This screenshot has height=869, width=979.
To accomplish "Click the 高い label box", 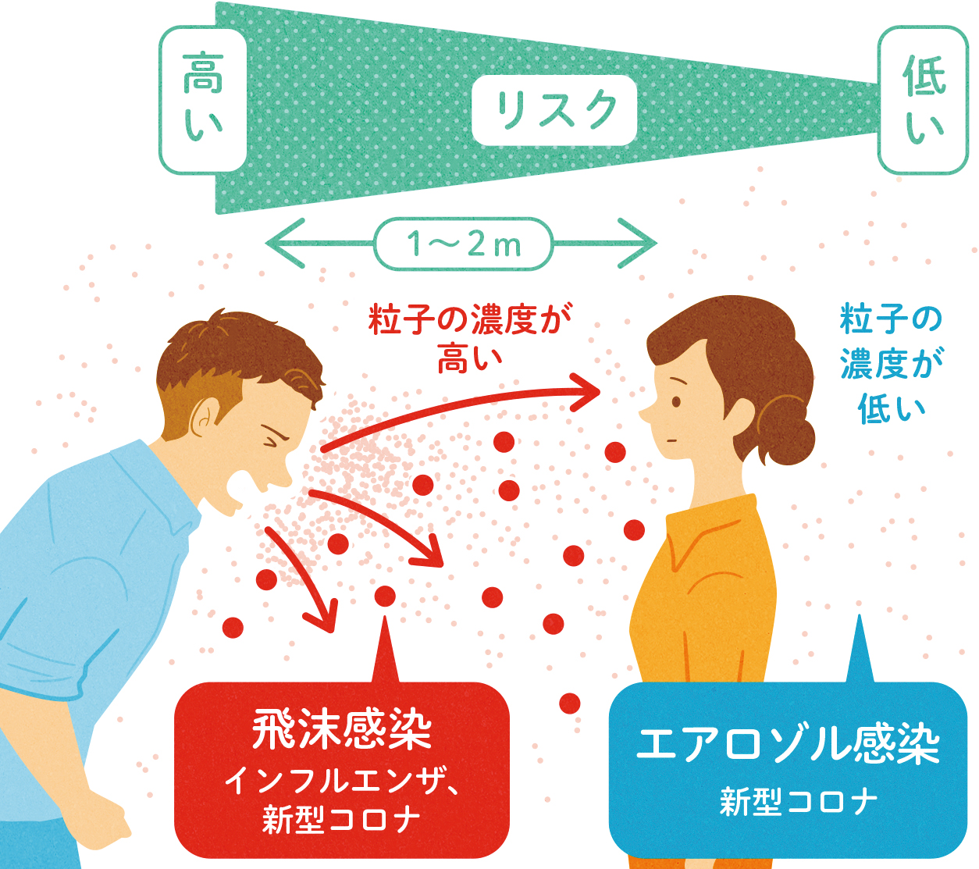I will click(203, 99).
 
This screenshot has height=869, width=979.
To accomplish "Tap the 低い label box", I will click(924, 100).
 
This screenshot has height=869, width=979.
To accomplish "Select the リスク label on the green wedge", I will click(554, 110).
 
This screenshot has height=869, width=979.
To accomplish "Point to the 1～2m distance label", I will click(464, 244).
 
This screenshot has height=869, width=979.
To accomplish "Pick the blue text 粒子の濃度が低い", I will click(891, 364).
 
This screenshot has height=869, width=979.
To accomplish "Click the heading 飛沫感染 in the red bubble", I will click(342, 730).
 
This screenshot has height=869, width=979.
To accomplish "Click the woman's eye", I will click(675, 402).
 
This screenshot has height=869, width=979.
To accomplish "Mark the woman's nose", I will click(646, 414).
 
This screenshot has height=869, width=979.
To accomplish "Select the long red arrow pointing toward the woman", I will click(468, 406).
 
